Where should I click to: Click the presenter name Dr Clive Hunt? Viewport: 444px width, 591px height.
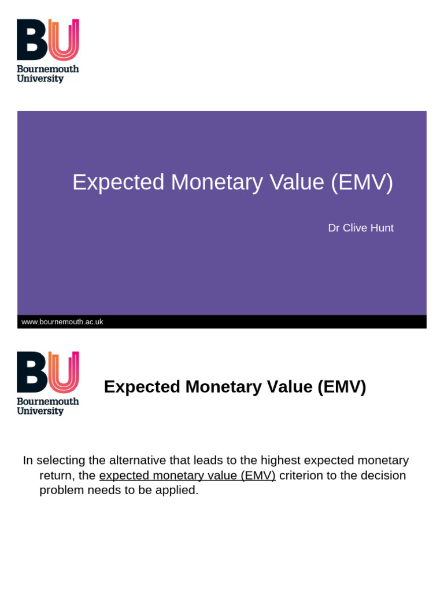click(x=361, y=227)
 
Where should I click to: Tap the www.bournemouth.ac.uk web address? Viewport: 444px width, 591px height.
click(x=62, y=322)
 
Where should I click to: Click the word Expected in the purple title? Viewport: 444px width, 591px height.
click(x=118, y=183)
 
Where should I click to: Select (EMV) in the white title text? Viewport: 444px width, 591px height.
click(x=362, y=183)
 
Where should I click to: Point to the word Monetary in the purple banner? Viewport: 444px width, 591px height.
click(x=217, y=183)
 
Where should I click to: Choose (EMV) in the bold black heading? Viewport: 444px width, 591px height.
click(x=342, y=387)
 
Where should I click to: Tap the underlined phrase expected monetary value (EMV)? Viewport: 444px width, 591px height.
click(x=187, y=476)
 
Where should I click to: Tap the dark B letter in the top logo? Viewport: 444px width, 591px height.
click(x=32, y=40)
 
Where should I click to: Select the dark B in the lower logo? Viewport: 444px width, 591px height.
click(x=32, y=372)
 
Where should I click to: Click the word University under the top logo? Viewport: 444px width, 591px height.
click(x=40, y=78)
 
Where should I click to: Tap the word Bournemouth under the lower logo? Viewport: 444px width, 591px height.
click(x=47, y=402)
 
